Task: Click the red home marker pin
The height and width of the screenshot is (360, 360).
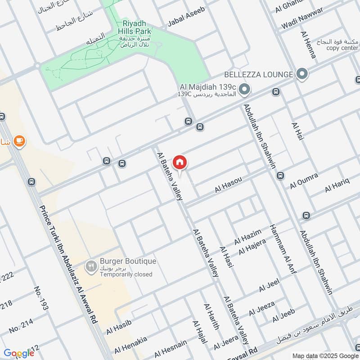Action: [x=180, y=162]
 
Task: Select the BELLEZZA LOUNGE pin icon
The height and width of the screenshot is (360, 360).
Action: [x=302, y=73]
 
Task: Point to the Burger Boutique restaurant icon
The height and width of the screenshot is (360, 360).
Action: [x=91, y=267]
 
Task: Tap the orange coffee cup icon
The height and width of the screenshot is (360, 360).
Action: [x=18, y=141]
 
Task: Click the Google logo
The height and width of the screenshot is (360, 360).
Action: [x=18, y=353]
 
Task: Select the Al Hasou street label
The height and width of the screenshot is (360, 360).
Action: [x=228, y=185]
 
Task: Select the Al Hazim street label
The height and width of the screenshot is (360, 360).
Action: [x=247, y=237]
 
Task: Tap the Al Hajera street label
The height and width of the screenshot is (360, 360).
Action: [x=252, y=247]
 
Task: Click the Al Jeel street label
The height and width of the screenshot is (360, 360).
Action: [x=269, y=285]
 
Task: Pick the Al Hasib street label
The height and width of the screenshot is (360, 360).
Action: [x=118, y=328]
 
